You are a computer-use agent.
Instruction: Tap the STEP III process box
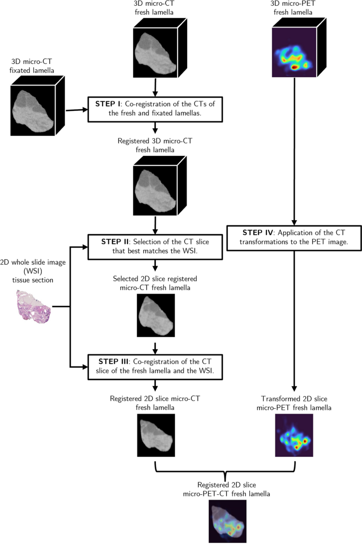tap(154, 366)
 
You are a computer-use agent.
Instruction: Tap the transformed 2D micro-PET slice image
tap(293, 435)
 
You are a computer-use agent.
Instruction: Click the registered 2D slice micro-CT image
tap(155, 435)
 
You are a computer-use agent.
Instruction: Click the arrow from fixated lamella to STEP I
tap(76, 110)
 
